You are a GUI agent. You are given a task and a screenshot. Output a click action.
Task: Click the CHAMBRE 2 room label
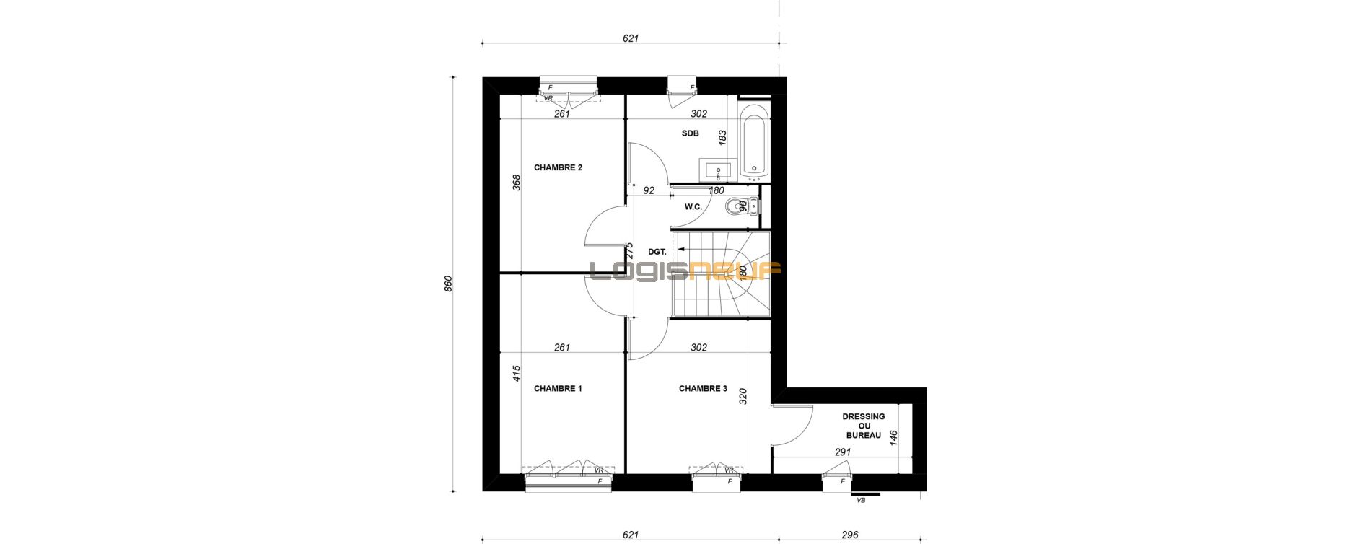pos(558,167)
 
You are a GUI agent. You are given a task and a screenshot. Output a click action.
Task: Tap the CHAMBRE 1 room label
pos(558,388)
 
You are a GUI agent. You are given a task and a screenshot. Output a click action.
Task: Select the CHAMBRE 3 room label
pos(703,388)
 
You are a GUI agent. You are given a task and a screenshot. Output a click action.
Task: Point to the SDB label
pos(691,133)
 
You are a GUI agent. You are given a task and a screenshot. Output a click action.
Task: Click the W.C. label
pos(693,207)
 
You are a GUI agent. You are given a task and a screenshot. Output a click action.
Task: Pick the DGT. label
pos(657,252)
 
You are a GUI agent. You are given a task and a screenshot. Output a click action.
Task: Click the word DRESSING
pos(864,416)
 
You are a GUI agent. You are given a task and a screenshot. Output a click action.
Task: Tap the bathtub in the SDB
pos(754,141)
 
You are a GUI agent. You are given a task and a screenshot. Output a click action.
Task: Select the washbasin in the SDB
pos(718,170)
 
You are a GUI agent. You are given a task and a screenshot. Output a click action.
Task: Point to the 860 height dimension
pos(447,284)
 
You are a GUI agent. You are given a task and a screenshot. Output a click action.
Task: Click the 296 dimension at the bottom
pos(850,535)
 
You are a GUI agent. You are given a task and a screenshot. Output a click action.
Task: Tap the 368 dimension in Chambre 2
pos(516,183)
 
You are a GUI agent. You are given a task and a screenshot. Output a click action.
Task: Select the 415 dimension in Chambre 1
pos(516,373)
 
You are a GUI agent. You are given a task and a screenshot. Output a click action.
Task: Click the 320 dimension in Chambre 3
pos(743,397)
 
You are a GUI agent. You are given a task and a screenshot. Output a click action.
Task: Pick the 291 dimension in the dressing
pos(843,452)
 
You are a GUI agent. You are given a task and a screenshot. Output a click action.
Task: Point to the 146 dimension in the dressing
pos(893,438)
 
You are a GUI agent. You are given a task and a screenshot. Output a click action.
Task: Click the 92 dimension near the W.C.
pos(649,190)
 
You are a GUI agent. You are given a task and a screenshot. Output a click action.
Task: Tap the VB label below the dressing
pos(861,500)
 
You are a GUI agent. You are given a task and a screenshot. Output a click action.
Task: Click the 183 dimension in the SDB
pos(722,138)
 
